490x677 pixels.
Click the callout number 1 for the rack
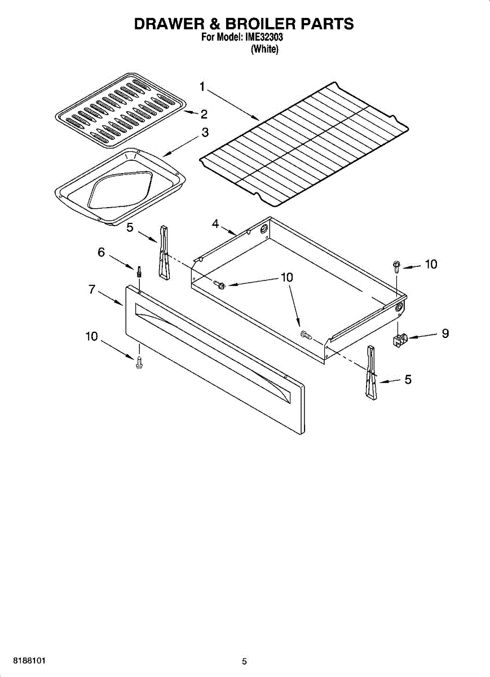tap(202, 86)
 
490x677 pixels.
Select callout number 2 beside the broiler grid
tap(204, 115)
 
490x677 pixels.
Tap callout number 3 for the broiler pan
tap(205, 133)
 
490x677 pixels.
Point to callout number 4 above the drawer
tap(215, 224)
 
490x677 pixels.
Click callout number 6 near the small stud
tap(101, 252)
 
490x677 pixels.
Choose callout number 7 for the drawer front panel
tap(91, 289)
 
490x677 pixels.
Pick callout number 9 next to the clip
tap(445, 333)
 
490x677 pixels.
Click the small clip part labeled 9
tap(400, 340)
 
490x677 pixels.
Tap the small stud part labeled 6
tap(139, 271)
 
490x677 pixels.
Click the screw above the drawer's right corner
tap(396, 265)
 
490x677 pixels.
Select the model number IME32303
tap(264, 38)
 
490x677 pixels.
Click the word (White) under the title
tap(264, 49)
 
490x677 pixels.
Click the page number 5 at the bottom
tap(244, 662)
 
